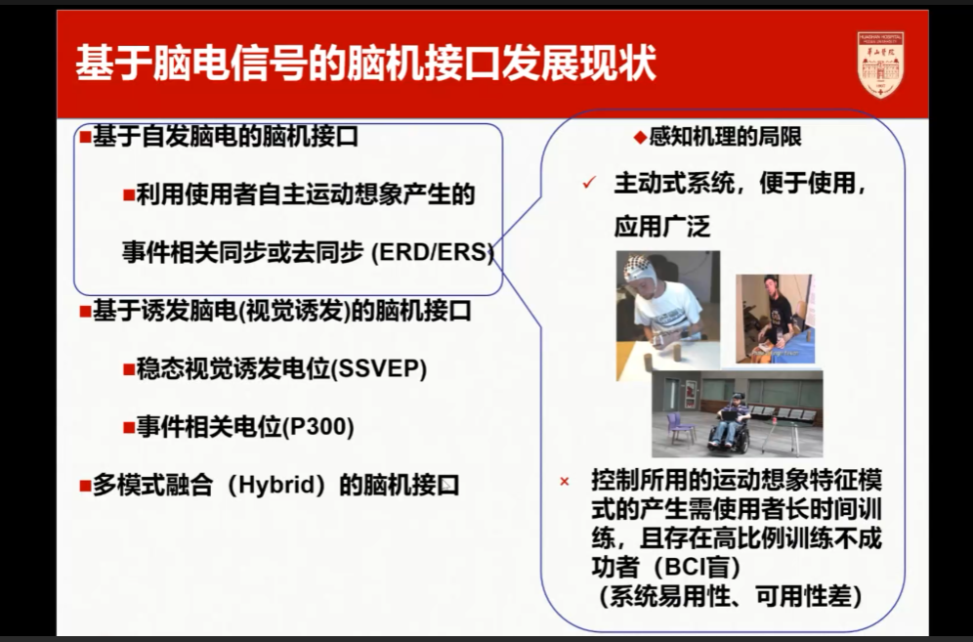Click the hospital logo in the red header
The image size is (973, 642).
880,64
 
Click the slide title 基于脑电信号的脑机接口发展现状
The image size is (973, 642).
366,64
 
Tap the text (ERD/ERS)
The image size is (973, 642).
433,252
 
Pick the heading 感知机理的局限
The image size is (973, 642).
725,137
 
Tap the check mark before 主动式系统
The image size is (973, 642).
588,184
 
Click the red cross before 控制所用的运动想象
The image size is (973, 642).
565,482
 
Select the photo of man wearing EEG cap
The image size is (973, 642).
668,315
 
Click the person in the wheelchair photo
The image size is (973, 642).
729,422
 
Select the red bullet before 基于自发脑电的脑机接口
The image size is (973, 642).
85,137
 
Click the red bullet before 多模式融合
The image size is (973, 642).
85,485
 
